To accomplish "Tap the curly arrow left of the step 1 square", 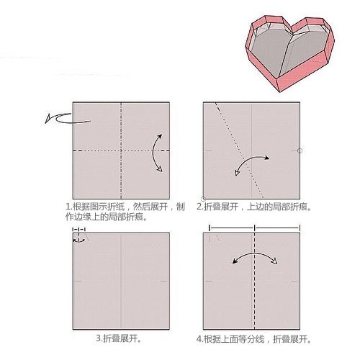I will pos(55,118).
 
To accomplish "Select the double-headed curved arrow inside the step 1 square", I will pos(157,152).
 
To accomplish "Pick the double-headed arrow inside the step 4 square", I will pos(255,257).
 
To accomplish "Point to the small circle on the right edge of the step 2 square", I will pos(300,150).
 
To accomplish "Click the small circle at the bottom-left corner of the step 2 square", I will pos(204,197).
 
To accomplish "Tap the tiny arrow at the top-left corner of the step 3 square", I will pos(78,236).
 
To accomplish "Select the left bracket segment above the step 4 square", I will pos(231,228).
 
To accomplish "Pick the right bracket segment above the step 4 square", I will pos(277,228).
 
